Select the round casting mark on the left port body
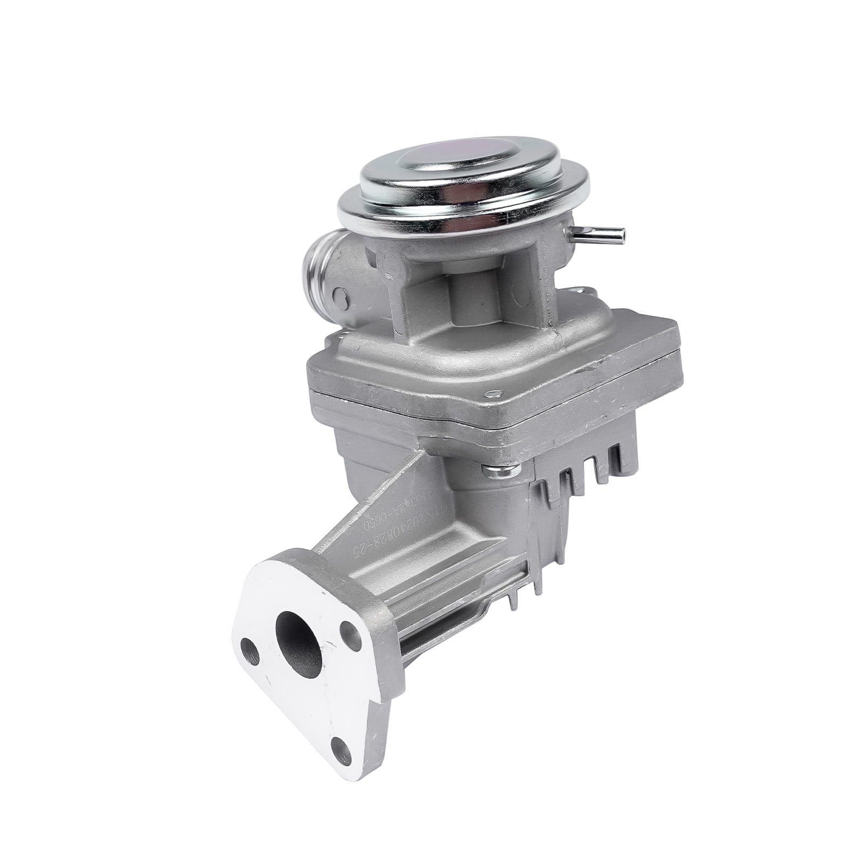[339, 294]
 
